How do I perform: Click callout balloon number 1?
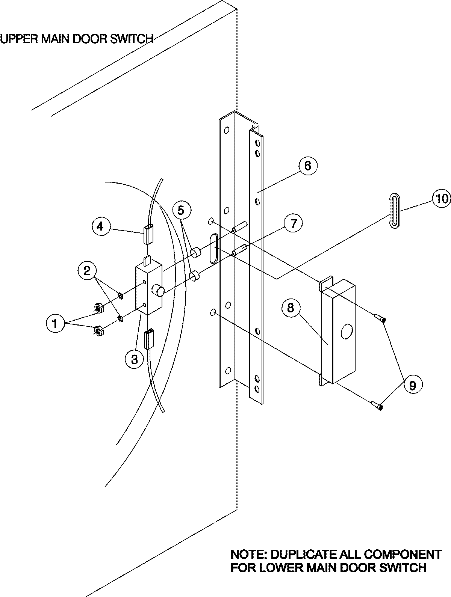pos(55,323)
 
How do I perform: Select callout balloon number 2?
pos(88,270)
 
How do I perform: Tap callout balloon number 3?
pos(134,359)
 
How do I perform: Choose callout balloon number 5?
pos(181,210)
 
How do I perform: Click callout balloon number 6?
pos(308,166)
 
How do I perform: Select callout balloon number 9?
pos(412,385)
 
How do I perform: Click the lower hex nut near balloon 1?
pos(98,331)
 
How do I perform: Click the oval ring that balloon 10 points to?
pos(394,211)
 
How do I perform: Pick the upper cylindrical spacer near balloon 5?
pos(195,253)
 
